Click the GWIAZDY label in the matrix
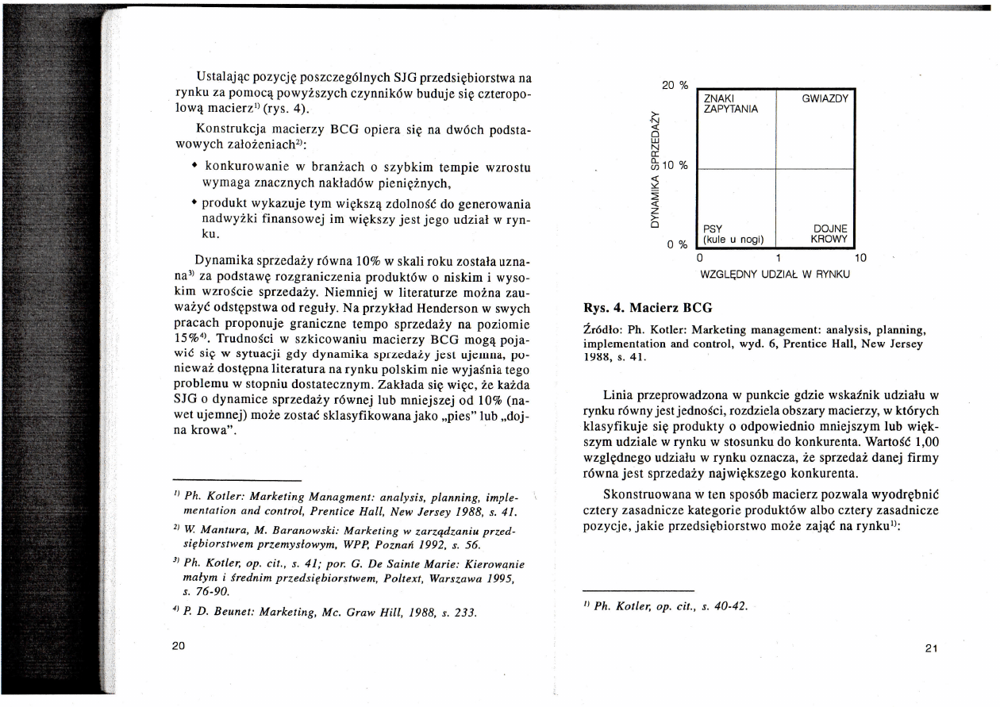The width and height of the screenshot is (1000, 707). pos(826,99)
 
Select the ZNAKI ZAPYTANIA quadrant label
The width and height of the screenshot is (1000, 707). pos(726,104)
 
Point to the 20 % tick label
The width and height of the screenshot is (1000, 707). pos(673,85)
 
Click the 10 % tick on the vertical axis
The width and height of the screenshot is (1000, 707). pos(677,166)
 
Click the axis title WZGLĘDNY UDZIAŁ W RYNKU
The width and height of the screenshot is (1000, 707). pos(775,275)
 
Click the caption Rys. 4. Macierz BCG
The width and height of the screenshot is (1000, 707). pos(648,306)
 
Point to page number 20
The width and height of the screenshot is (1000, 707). pos(179,645)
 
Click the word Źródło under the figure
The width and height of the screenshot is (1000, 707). pos(602,329)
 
